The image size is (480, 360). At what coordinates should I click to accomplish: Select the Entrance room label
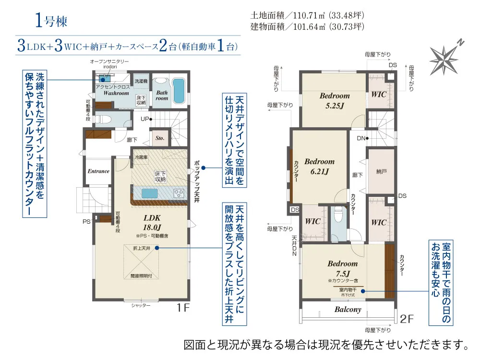[98, 171]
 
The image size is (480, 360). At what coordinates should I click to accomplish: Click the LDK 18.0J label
[152, 222]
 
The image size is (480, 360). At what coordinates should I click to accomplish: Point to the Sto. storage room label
[160, 138]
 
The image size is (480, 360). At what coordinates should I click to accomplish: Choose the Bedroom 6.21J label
[319, 166]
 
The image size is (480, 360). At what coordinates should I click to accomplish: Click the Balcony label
[348, 310]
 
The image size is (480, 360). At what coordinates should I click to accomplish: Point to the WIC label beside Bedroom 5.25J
[379, 95]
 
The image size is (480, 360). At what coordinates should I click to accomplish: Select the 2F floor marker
[407, 317]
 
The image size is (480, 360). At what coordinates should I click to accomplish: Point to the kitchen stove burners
[179, 193]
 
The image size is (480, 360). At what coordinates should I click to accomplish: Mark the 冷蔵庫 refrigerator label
[141, 157]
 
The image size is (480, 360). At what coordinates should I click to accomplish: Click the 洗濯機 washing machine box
[141, 82]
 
